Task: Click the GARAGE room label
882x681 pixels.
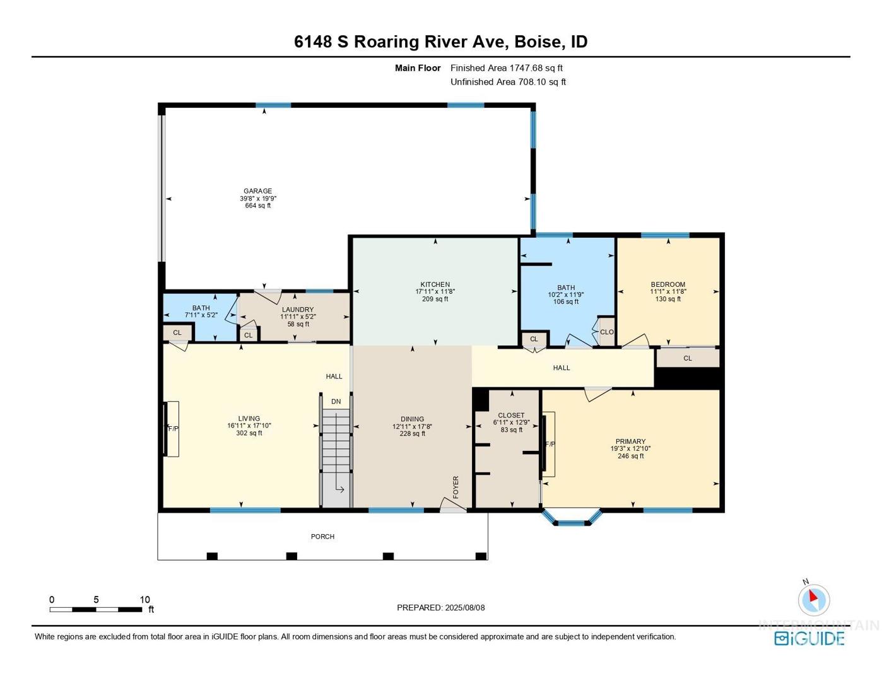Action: (258, 190)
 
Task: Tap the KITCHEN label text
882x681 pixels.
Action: (435, 284)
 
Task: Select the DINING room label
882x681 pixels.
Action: (413, 419)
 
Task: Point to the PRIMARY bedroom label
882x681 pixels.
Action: (630, 441)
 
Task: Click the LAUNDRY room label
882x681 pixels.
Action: (298, 310)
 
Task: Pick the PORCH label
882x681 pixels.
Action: (322, 537)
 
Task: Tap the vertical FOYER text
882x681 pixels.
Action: (456, 487)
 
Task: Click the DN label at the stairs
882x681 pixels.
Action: (336, 402)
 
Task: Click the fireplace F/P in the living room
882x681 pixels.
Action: (173, 429)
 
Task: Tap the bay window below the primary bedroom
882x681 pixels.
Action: (572, 519)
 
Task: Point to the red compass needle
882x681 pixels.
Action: (813, 596)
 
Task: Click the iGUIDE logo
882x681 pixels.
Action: (809, 638)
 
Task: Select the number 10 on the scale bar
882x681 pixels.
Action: (145, 600)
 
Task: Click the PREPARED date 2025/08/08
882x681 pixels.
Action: (465, 608)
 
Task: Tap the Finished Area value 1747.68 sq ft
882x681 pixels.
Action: (536, 68)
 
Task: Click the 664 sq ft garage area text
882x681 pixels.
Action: (258, 206)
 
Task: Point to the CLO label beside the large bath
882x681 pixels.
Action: (607, 332)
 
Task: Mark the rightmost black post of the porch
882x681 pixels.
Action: (481, 556)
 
